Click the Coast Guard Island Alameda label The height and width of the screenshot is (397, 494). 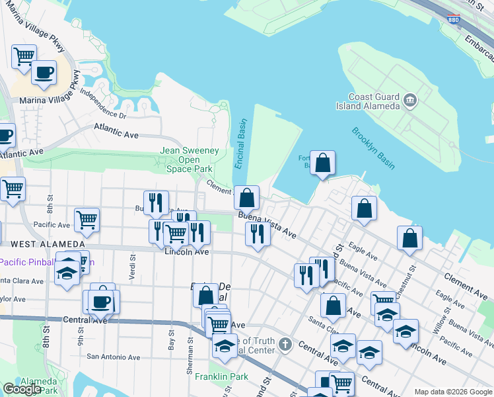374,101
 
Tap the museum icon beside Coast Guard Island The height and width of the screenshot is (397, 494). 410,101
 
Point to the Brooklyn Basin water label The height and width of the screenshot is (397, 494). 373,148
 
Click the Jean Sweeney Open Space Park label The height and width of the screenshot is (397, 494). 190,159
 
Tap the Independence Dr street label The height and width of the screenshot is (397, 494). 102,101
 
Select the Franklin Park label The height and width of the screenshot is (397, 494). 212,376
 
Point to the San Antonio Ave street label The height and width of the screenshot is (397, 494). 114,357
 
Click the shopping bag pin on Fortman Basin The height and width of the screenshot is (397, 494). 322,163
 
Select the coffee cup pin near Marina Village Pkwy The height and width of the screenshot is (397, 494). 44,72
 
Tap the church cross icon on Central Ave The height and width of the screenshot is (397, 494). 285,344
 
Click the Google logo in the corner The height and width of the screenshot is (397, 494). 22,389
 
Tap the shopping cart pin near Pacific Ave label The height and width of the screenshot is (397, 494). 87,219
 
